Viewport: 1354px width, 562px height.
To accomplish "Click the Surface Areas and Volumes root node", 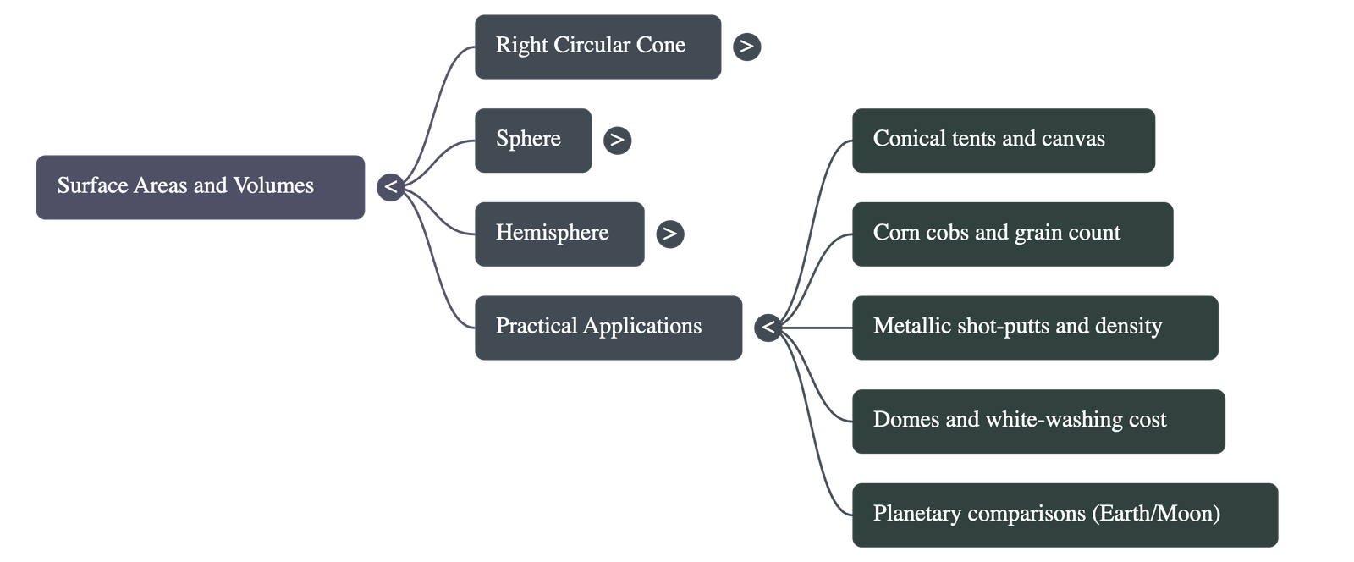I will pyautogui.click(x=200, y=187).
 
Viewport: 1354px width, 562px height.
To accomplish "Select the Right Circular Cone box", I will pyautogui.click(x=597, y=47).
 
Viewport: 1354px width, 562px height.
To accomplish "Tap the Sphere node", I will pyautogui.click(x=532, y=140).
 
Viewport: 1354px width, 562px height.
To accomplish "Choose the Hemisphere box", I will pyautogui.click(x=559, y=234).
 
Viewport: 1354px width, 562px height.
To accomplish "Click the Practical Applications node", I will pyautogui.click(x=608, y=328).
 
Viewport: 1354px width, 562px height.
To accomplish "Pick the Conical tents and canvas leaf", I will pyautogui.click(x=1003, y=140).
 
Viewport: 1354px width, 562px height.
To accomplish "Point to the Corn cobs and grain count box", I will pyautogui.click(x=1012, y=234).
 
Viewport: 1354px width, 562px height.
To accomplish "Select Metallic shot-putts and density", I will pyautogui.click(x=1034, y=328).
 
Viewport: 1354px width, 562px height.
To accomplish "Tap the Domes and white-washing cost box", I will pyautogui.click(x=1038, y=421).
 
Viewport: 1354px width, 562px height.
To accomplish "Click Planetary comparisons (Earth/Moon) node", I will pyautogui.click(x=1064, y=515).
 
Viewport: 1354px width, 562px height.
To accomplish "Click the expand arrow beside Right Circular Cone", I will pyautogui.click(x=746, y=47).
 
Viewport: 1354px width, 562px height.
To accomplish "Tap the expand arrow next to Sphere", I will pyautogui.click(x=617, y=140).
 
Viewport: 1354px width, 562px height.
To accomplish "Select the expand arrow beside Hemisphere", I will pyautogui.click(x=669, y=234).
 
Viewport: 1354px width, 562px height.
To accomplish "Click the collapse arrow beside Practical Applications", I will pyautogui.click(x=768, y=328).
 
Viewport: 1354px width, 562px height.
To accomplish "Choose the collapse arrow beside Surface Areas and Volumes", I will pyautogui.click(x=390, y=187).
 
